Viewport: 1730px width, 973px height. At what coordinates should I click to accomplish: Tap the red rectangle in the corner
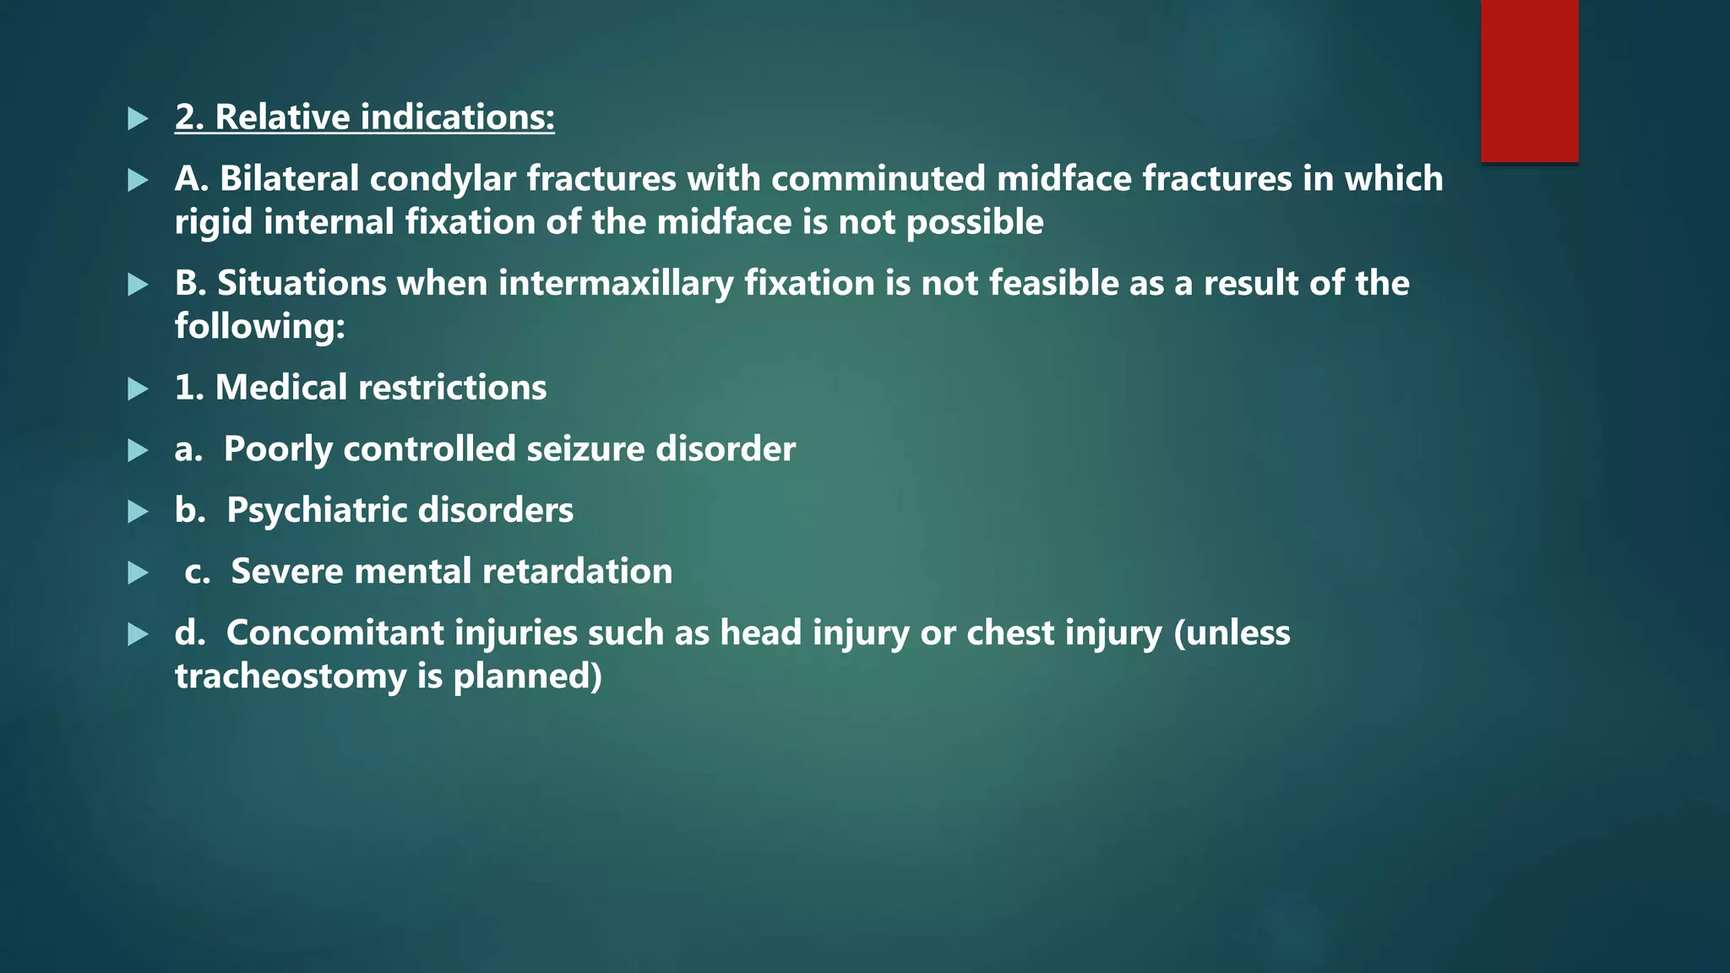1529,80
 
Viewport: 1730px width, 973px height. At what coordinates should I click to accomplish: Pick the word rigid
214,222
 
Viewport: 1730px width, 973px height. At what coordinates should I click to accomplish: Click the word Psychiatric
317,510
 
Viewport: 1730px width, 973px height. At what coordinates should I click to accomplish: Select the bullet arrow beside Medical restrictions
138,389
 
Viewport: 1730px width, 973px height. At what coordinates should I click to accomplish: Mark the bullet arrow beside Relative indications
138,118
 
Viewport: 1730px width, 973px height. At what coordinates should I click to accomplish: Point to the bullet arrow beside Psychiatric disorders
138,511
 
